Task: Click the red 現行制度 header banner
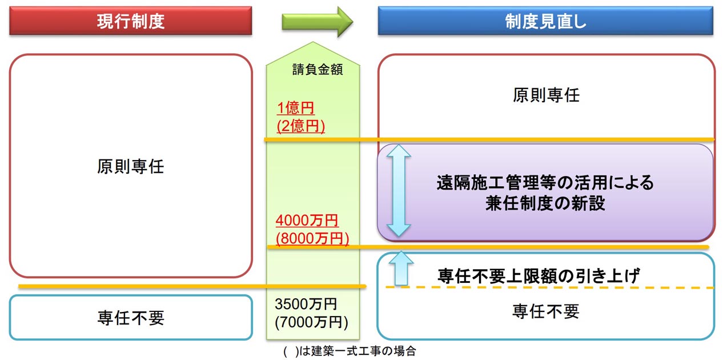click(130, 21)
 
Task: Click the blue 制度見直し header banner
click(545, 21)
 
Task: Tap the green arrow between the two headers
click(318, 22)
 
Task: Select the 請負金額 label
click(318, 69)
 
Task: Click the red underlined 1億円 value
click(296, 108)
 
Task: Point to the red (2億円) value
click(300, 126)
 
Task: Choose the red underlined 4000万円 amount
click(307, 221)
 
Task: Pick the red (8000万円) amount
click(312, 238)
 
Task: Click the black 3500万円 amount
click(306, 304)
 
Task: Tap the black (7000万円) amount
click(311, 322)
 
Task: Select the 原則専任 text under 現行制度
click(130, 167)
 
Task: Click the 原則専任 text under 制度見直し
click(546, 95)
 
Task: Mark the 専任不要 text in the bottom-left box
click(131, 318)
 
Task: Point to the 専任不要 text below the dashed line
click(546, 311)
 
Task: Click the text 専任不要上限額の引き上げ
click(539, 276)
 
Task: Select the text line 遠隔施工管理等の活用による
click(545, 183)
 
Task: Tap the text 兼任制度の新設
click(545, 203)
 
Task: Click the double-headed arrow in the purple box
click(399, 191)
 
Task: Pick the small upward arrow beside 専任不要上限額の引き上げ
click(401, 269)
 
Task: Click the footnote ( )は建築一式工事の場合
click(350, 351)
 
